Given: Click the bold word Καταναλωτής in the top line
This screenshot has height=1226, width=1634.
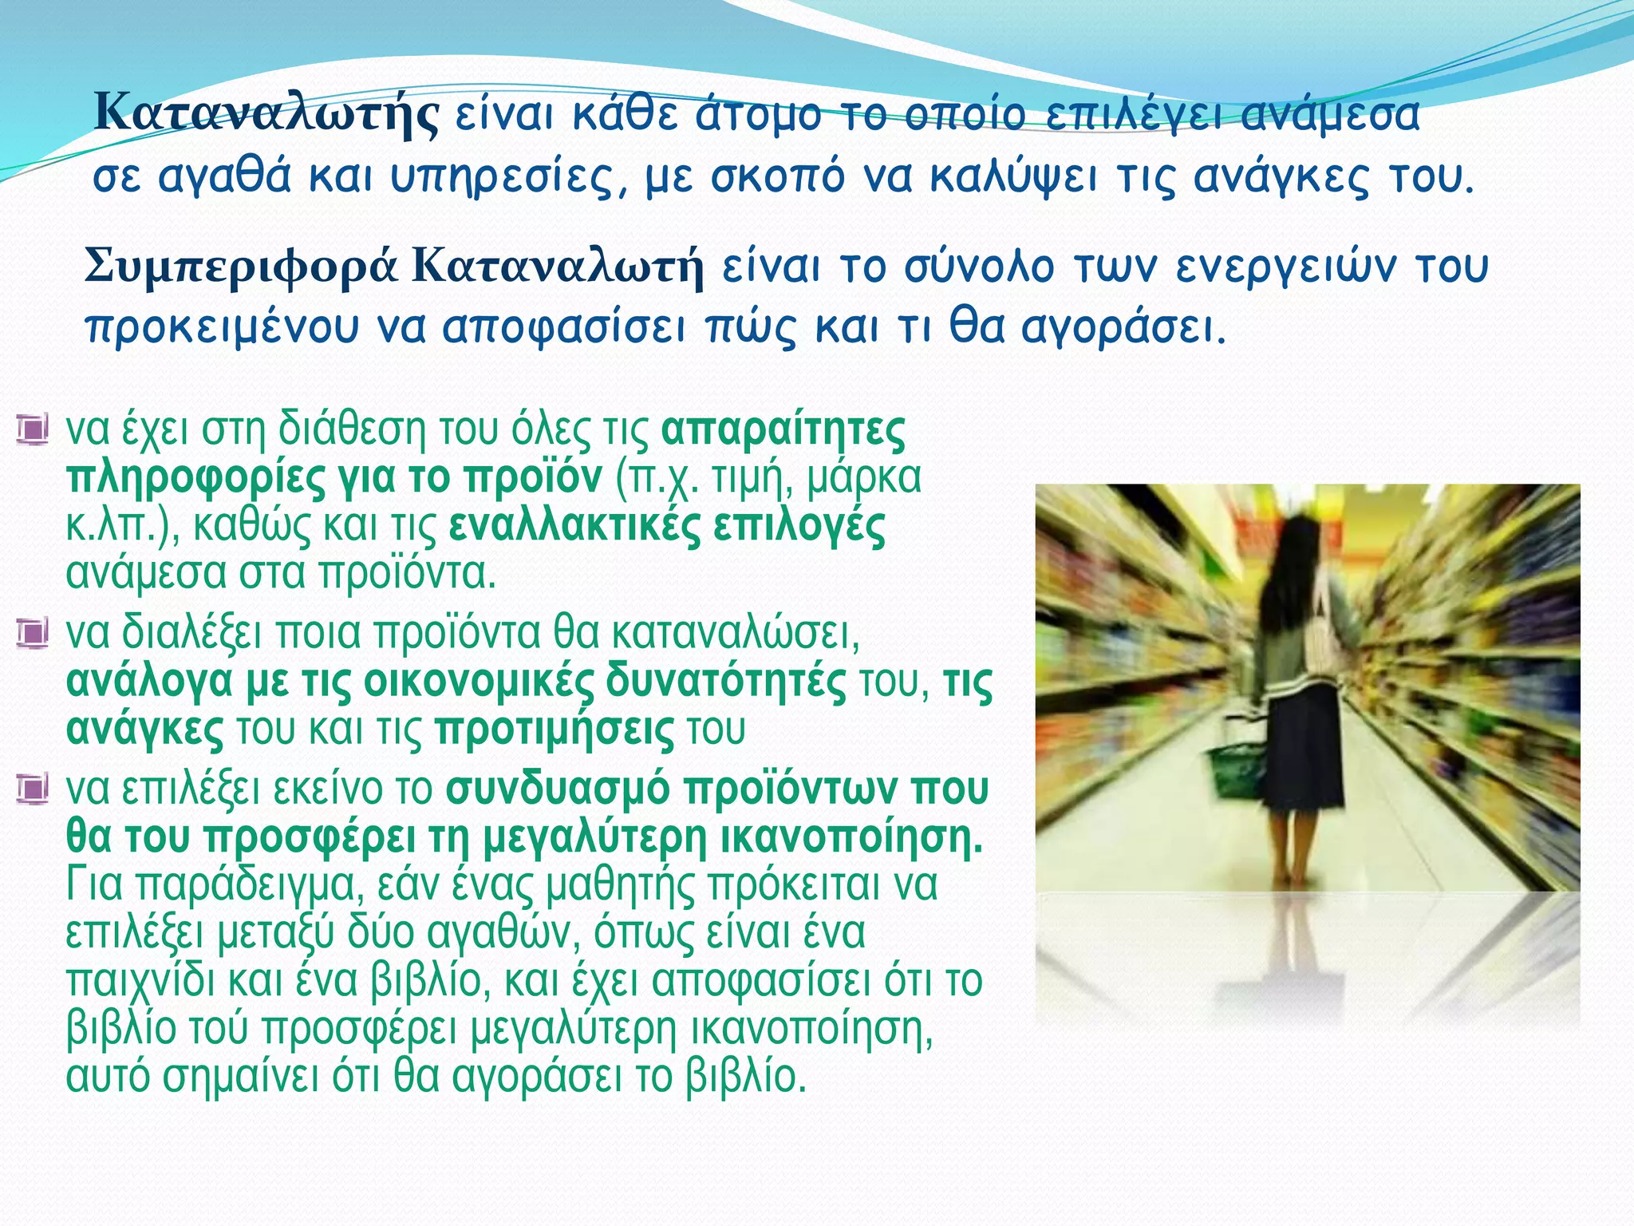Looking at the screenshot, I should pos(266,115).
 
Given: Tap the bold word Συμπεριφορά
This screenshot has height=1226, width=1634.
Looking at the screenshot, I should pos(240,267).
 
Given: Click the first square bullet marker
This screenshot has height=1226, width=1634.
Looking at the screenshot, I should pos(32,430).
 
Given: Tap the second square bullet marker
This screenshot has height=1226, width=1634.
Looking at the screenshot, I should pos(32,633).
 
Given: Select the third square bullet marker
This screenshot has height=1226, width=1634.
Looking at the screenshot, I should pos(32,789).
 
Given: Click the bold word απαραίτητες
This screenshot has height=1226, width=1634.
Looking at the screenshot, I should pos(783,431).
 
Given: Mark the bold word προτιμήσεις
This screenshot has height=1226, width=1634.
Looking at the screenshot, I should pos(555,730).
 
